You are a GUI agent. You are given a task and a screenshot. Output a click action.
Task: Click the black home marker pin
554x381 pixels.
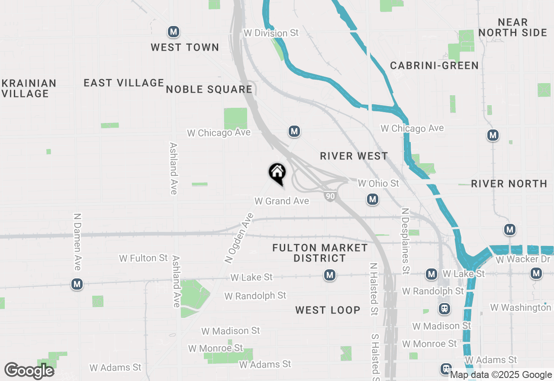pos(277,172)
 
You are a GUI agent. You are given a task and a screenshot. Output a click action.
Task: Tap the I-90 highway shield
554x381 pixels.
pos(330,197)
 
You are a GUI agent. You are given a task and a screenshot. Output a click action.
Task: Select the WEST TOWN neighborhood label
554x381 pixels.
pos(185,47)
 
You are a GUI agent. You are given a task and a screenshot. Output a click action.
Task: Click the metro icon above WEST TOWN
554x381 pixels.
pos(174,32)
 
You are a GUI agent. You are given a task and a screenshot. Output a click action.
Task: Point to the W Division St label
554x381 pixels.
pos(271,33)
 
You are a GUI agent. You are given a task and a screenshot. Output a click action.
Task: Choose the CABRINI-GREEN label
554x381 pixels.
pos(434,65)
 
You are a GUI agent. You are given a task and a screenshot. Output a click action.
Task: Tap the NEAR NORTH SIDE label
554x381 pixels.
pos(513,27)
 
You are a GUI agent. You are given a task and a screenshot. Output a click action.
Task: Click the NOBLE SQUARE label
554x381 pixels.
pos(209,89)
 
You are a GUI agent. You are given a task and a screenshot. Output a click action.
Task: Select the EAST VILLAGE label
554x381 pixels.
pos(124,83)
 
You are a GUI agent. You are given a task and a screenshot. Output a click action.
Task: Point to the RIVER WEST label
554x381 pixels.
pos(354,156)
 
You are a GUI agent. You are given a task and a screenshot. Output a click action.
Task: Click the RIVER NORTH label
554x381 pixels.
pos(509,184)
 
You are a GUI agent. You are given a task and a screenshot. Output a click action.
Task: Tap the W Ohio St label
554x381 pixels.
pos(378,183)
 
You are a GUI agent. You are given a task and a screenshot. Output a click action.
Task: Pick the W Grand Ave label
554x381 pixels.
pos(282,201)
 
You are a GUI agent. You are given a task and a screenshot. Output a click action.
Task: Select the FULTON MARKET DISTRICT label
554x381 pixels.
pos(320,253)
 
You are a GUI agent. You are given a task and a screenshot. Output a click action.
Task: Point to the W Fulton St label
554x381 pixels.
pos(143,258)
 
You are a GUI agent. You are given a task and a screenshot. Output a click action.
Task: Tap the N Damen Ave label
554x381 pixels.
pos(77,242)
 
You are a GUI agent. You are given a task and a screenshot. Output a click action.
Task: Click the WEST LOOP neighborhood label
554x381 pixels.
pos(328,310)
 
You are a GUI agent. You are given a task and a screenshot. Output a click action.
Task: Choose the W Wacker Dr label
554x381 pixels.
pos(524,260)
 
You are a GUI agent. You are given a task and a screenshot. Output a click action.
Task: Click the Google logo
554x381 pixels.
pos(29,371)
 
